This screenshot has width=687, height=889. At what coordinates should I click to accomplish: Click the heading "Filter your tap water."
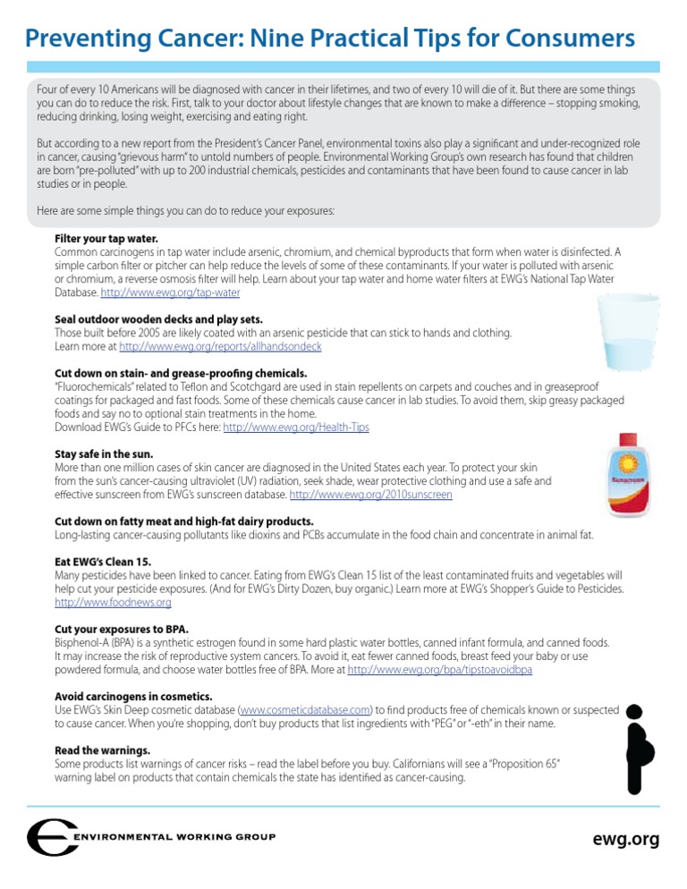(106, 239)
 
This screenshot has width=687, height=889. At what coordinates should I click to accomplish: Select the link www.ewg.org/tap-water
(170, 292)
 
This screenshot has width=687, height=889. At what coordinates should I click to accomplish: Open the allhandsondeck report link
(220, 346)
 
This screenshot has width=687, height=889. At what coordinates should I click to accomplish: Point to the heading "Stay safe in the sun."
(104, 454)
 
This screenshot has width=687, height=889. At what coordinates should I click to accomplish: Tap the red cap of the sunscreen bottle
(628, 440)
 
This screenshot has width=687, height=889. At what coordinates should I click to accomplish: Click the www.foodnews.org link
(113, 603)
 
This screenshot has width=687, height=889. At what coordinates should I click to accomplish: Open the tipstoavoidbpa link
(439, 670)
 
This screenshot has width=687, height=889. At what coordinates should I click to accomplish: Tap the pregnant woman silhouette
(636, 749)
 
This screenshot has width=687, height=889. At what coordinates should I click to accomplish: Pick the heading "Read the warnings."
(102, 750)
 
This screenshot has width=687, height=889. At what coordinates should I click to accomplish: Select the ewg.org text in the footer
(625, 839)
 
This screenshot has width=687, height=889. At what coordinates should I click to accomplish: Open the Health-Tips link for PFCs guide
(295, 428)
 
